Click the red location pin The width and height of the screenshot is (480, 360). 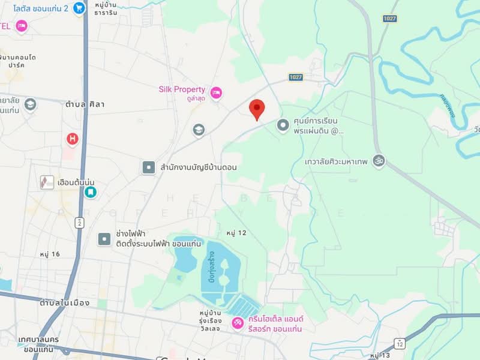(257, 109)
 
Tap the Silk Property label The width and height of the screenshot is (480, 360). (182, 89)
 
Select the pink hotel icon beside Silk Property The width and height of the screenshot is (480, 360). (216, 92)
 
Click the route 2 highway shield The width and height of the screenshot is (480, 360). (79, 223)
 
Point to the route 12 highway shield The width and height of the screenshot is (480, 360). (400, 343)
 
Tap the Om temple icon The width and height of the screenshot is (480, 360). (379, 161)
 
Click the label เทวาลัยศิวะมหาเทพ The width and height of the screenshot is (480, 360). (336, 161)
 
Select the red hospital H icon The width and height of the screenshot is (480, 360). (73, 139)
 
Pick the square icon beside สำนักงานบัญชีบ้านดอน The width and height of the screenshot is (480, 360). (148, 167)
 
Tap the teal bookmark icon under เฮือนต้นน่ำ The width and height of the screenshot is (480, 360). (90, 193)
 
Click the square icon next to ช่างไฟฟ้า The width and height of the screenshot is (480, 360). (104, 239)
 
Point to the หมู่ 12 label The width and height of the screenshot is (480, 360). (237, 232)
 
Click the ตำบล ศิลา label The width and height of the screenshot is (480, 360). (86, 104)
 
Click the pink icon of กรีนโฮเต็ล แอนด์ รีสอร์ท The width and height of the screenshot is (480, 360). (238, 324)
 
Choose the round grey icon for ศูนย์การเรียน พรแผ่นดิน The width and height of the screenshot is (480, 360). (283, 125)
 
